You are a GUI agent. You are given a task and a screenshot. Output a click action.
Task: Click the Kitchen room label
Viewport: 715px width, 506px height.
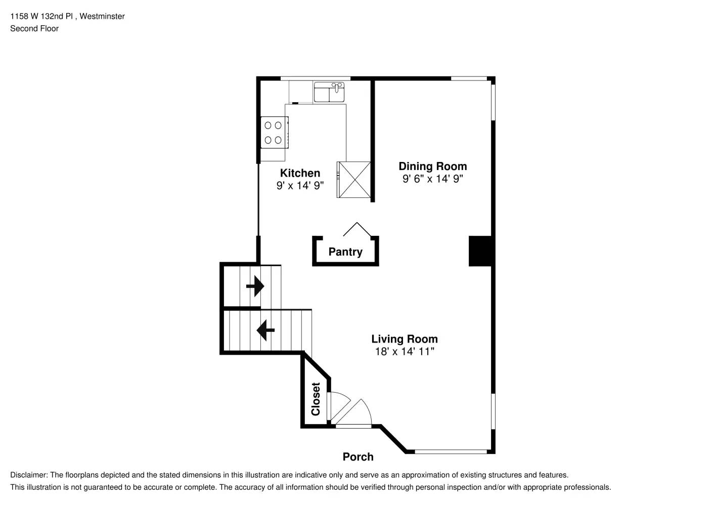pyautogui.click(x=300, y=173)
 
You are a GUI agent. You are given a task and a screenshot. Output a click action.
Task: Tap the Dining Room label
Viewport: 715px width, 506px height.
pyautogui.click(x=432, y=166)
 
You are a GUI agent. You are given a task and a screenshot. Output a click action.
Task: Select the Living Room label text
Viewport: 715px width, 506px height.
pyautogui.click(x=404, y=339)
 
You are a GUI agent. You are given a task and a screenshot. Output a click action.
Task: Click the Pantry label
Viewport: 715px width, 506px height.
pyautogui.click(x=345, y=252)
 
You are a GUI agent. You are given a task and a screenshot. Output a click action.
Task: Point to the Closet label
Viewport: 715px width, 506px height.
pyautogui.click(x=316, y=399)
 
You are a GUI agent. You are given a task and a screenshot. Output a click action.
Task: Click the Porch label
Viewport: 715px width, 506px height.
pyautogui.click(x=358, y=457)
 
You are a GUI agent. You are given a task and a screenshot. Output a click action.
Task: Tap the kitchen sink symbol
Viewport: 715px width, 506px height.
pyautogui.click(x=329, y=93)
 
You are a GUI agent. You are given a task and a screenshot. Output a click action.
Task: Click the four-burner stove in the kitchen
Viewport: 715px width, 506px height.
pyautogui.click(x=274, y=133)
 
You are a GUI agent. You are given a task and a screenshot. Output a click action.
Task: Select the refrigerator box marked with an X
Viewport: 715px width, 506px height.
pyautogui.click(x=354, y=179)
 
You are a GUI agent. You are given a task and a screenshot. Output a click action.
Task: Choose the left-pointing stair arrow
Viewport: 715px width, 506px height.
pyautogui.click(x=265, y=330)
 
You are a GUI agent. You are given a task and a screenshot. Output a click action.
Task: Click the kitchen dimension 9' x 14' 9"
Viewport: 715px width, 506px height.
pyautogui.click(x=300, y=186)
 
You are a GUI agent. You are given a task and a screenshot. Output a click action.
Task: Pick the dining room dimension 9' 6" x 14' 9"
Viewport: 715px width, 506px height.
pyautogui.click(x=432, y=179)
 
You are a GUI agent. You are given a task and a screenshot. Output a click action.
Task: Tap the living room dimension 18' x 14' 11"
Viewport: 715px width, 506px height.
pyautogui.click(x=404, y=351)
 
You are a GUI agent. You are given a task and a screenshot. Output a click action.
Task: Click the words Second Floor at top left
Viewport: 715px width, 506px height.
pyautogui.click(x=34, y=28)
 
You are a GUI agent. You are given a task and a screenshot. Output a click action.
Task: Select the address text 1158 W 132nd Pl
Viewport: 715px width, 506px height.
pyautogui.click(x=42, y=16)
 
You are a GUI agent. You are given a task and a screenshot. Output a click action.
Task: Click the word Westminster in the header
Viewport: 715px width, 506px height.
pyautogui.click(x=102, y=16)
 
